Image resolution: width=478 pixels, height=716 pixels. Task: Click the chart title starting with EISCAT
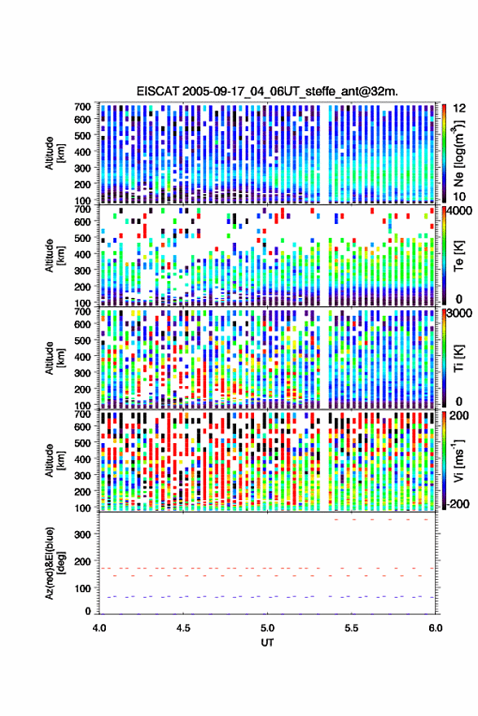click(267, 91)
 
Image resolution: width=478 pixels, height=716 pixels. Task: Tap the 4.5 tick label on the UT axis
click(183, 628)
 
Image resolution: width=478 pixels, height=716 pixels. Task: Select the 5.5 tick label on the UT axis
click(351, 628)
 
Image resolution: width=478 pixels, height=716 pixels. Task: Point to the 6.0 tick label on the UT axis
click(436, 628)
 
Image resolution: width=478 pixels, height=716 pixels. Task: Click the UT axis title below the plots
click(267, 643)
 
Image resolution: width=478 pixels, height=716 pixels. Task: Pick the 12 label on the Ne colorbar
click(459, 108)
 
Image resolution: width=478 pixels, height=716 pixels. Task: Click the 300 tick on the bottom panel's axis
click(83, 534)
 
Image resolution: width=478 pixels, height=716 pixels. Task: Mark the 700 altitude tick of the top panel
click(82, 107)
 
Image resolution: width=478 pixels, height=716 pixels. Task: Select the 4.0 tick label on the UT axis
click(99, 628)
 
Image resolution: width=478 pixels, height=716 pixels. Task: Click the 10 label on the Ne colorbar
click(459, 197)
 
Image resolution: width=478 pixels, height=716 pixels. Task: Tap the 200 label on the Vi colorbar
click(459, 415)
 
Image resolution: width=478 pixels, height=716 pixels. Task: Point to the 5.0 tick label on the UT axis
click(267, 628)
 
